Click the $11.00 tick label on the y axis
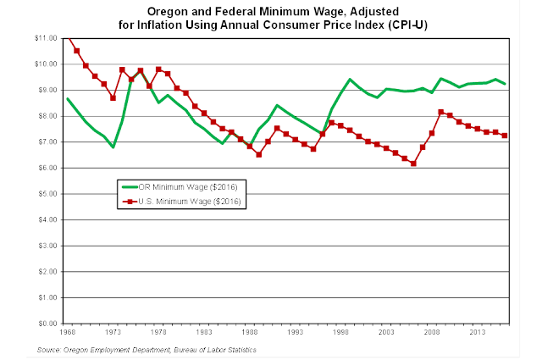(45, 39)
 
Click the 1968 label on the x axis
(68, 333)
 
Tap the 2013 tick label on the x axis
(477, 333)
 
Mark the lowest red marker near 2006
(413, 163)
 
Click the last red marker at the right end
(505, 136)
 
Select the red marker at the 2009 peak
(440, 112)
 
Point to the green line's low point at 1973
(113, 147)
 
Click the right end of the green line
(505, 84)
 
